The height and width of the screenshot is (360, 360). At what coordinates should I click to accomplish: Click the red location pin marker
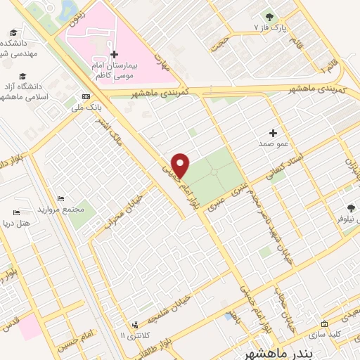tap(181, 165)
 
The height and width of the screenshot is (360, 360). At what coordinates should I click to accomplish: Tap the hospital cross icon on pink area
tap(114, 54)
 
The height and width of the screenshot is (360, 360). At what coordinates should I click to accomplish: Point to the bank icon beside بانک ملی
tap(85, 96)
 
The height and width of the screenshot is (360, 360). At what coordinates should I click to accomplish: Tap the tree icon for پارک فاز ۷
tap(267, 15)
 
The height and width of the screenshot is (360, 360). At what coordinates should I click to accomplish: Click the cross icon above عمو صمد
tap(274, 132)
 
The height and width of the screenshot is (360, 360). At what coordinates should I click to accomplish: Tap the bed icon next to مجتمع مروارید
tap(60, 200)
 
